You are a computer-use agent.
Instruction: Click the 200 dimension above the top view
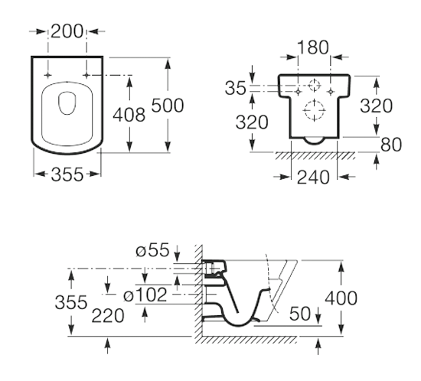[x=67, y=31]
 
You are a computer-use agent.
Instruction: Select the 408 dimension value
[x=129, y=115]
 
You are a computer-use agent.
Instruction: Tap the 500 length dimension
[x=168, y=105]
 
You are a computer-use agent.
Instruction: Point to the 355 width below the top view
[x=67, y=174]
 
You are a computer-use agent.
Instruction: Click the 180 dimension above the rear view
[x=313, y=47]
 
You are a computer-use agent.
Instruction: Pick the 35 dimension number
[x=235, y=88]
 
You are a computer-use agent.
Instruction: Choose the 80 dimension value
[x=391, y=145]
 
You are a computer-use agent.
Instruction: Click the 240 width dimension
[x=313, y=177]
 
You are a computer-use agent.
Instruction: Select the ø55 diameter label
[x=152, y=250]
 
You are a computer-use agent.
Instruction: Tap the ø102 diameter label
[x=145, y=295]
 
